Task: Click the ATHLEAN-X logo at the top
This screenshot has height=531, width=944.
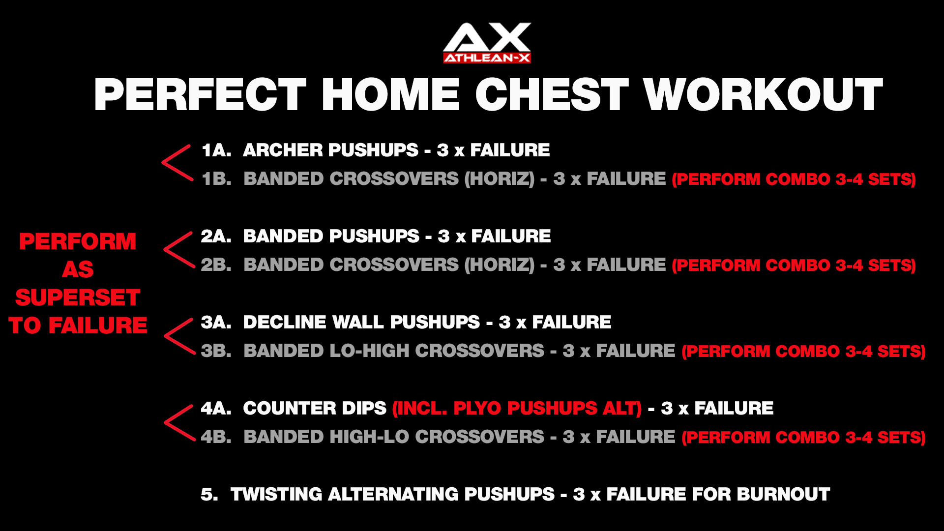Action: pyautogui.click(x=487, y=43)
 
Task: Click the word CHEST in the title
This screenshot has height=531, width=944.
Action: pyautogui.click(x=552, y=94)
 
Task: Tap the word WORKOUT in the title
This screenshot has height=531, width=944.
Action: pyautogui.click(x=763, y=94)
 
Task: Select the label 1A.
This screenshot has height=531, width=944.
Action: pyautogui.click(x=216, y=150)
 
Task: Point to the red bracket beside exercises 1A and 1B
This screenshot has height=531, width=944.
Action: pyautogui.click(x=177, y=163)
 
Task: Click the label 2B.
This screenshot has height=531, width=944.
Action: pyautogui.click(x=216, y=265)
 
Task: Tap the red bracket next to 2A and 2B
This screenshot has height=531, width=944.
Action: pyautogui.click(x=179, y=250)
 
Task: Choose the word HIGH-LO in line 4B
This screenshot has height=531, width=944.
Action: pyautogui.click(x=369, y=437)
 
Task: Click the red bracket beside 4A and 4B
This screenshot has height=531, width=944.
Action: pyautogui.click(x=179, y=423)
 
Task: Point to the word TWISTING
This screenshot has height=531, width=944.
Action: pyautogui.click(x=276, y=495)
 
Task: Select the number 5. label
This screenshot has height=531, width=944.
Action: pyautogui.click(x=209, y=495)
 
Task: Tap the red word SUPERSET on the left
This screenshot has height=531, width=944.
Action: pyautogui.click(x=78, y=298)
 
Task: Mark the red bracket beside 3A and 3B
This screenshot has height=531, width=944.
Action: pyautogui.click(x=179, y=336)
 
